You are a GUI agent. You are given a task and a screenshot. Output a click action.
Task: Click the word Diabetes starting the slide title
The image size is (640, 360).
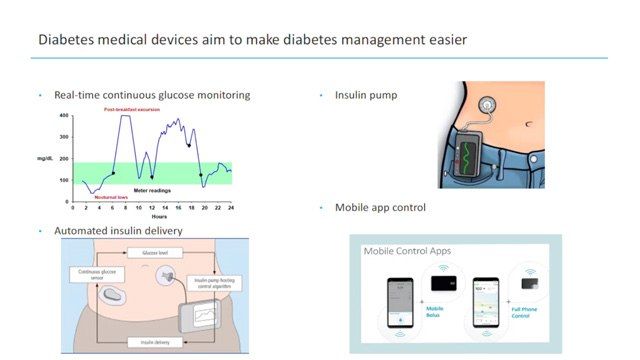click(68, 40)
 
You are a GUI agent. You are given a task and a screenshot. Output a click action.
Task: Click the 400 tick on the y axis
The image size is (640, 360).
click(64, 115)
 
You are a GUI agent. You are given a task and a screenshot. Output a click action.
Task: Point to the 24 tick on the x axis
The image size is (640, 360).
click(230, 207)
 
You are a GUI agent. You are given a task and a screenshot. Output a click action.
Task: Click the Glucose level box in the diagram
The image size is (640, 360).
click(154, 254)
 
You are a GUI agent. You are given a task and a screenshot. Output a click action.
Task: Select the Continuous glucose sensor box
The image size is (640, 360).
click(93, 274)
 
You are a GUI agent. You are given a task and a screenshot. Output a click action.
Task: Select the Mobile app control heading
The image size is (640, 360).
click(372, 207)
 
